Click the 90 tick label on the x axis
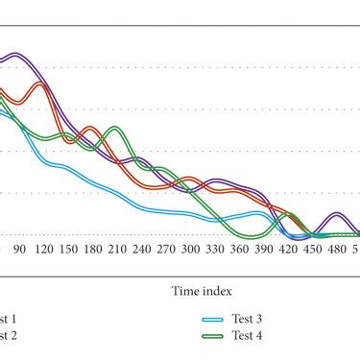click(x=18, y=249)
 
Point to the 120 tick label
click(x=42, y=249)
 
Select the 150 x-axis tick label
click(x=67, y=249)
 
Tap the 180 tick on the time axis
click(x=92, y=249)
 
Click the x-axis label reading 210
click(x=117, y=249)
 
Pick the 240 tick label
click(x=141, y=249)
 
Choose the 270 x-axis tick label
click(x=166, y=249)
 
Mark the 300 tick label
click(x=191, y=249)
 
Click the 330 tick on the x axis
click(x=215, y=249)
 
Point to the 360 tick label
click(x=240, y=249)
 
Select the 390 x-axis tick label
click(x=264, y=249)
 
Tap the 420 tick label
click(x=289, y=249)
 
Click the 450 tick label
click(x=314, y=249)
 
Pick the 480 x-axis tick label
click(x=338, y=249)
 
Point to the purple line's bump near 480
click(x=336, y=214)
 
